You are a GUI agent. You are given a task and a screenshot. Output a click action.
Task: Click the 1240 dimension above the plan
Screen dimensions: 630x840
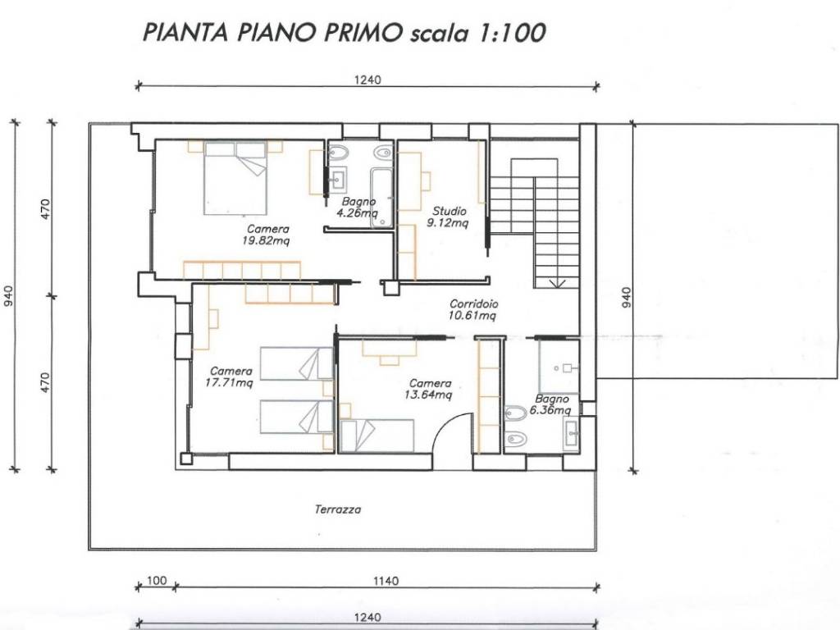368,80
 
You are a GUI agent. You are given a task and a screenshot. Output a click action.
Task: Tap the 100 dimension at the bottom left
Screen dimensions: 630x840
157,581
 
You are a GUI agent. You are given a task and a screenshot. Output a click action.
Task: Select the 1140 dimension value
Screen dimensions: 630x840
386,581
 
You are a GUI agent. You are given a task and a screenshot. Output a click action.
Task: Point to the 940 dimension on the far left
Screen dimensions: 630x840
9,296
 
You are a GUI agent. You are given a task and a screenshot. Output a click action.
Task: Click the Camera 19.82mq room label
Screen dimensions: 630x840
266,235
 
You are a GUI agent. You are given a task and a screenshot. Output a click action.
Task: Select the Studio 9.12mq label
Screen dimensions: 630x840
448,216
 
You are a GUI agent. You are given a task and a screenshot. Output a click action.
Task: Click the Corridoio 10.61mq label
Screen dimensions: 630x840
473,308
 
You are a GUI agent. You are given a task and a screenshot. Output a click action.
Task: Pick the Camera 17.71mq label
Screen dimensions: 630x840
231,376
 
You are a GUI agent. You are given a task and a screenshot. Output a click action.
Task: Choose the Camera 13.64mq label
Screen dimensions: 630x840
430,388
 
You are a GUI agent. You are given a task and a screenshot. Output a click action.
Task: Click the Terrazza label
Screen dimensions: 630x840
338,509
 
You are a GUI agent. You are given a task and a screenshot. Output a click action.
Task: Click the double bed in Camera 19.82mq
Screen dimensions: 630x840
236,178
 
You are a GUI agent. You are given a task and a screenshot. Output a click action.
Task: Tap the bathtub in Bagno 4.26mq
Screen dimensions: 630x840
382,197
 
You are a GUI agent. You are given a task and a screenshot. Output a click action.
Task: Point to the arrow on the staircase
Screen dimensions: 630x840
555,282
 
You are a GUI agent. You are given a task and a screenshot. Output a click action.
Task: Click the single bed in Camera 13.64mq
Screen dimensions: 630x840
378,435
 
